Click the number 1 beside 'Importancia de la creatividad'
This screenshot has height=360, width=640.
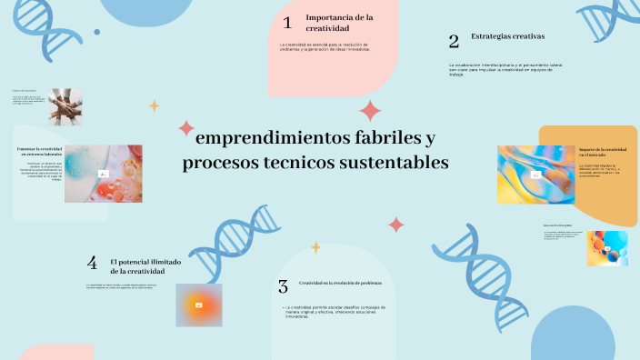point(287,23)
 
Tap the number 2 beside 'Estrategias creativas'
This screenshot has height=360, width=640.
point(454,41)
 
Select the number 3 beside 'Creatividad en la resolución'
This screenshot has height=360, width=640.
point(284,286)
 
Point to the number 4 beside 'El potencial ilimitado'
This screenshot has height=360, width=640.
point(92,264)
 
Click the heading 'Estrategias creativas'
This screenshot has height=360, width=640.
point(507,36)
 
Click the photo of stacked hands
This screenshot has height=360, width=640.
point(65,105)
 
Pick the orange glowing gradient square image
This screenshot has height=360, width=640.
point(198,305)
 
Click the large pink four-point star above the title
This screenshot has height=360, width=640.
point(370,111)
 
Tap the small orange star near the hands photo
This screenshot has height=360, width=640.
point(154,105)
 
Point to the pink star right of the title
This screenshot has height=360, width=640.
point(396,224)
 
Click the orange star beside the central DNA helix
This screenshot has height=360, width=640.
point(316,246)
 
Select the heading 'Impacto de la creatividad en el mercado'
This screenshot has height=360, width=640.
point(602,153)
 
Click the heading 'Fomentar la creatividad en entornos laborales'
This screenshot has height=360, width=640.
point(39,152)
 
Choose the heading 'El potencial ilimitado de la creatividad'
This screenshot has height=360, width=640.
point(145,266)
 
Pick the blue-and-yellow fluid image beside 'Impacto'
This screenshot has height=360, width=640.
point(535,174)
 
